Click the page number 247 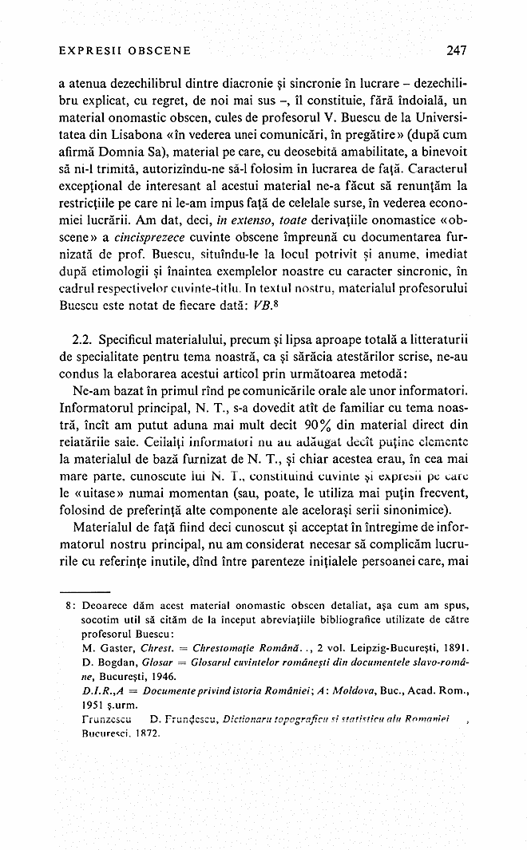[456, 50]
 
